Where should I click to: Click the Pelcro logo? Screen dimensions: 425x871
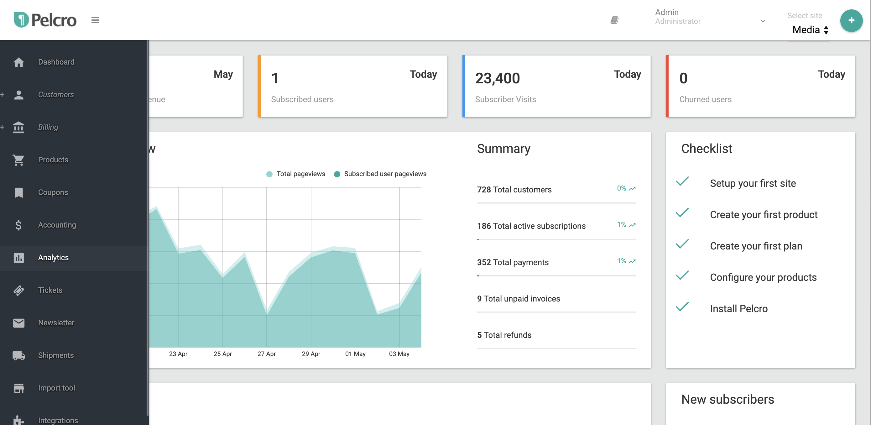pos(45,20)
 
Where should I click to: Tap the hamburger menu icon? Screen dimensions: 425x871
pos(95,20)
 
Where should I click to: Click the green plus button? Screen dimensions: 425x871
pos(851,21)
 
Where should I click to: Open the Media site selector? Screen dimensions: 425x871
pos(810,30)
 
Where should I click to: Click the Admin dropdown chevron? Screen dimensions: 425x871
pos(763,21)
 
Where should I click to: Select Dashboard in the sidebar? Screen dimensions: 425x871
pos(56,62)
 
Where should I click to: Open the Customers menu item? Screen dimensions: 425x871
pos(56,95)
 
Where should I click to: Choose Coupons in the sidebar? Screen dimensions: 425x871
pos(53,192)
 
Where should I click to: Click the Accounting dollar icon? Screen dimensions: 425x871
pos(18,225)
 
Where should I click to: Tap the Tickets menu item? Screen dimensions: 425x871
pos(50,290)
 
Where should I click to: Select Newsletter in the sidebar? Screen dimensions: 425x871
pos(56,323)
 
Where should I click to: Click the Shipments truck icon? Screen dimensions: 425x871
pos(18,355)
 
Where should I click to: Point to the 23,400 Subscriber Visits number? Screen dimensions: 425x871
pos(497,78)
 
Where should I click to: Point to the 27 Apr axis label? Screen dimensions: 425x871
pos(266,354)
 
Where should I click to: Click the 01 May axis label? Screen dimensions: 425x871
pos(355,354)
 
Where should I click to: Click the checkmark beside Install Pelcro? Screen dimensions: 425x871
pos(682,307)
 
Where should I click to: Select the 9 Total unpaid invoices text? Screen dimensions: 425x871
pos(518,299)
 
